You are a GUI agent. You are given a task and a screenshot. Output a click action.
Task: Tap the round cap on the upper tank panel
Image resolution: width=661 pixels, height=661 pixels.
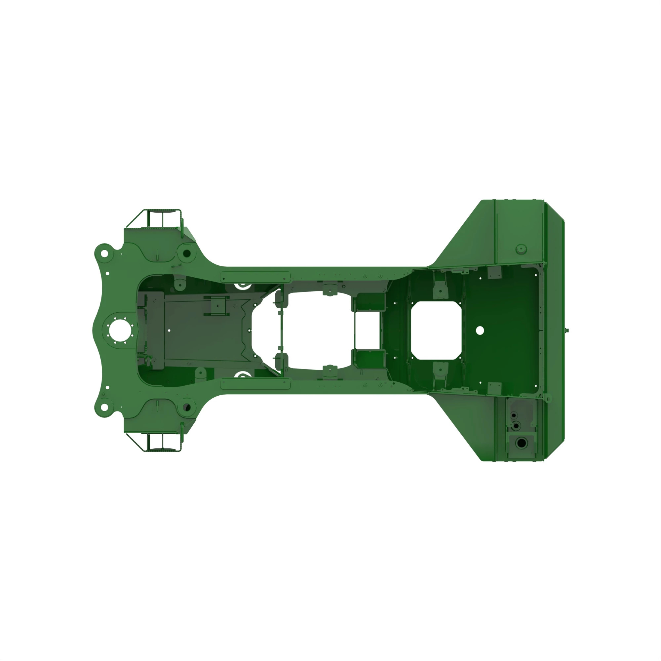click(521, 249)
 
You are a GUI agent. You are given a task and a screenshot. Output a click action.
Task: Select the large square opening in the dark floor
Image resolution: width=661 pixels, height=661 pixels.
click(436, 330)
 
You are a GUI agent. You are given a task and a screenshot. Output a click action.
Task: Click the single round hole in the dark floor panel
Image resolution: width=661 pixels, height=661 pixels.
click(480, 330)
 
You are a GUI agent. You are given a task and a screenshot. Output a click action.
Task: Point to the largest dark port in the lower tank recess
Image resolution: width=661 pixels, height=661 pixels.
click(522, 444)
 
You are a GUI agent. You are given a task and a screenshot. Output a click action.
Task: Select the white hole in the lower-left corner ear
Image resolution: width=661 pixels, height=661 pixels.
click(104, 408)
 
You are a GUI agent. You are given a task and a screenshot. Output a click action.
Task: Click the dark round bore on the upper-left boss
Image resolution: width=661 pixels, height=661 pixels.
click(187, 253)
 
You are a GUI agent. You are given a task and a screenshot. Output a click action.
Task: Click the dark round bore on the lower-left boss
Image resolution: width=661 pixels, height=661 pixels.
click(187, 408)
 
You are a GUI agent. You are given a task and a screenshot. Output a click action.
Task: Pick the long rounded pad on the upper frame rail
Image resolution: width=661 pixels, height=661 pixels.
click(255, 277)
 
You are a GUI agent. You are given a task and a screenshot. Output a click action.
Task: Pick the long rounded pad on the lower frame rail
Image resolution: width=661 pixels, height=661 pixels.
click(255, 384)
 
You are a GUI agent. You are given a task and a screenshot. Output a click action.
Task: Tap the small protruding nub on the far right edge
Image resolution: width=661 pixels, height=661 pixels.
click(567, 330)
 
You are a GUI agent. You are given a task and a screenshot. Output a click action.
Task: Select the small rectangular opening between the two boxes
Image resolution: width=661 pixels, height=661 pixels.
click(367, 330)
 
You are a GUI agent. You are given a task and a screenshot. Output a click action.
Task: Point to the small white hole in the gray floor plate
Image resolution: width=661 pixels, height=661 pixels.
click(169, 330)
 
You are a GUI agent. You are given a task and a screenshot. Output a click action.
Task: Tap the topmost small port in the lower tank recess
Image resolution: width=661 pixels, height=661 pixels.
click(514, 415)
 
